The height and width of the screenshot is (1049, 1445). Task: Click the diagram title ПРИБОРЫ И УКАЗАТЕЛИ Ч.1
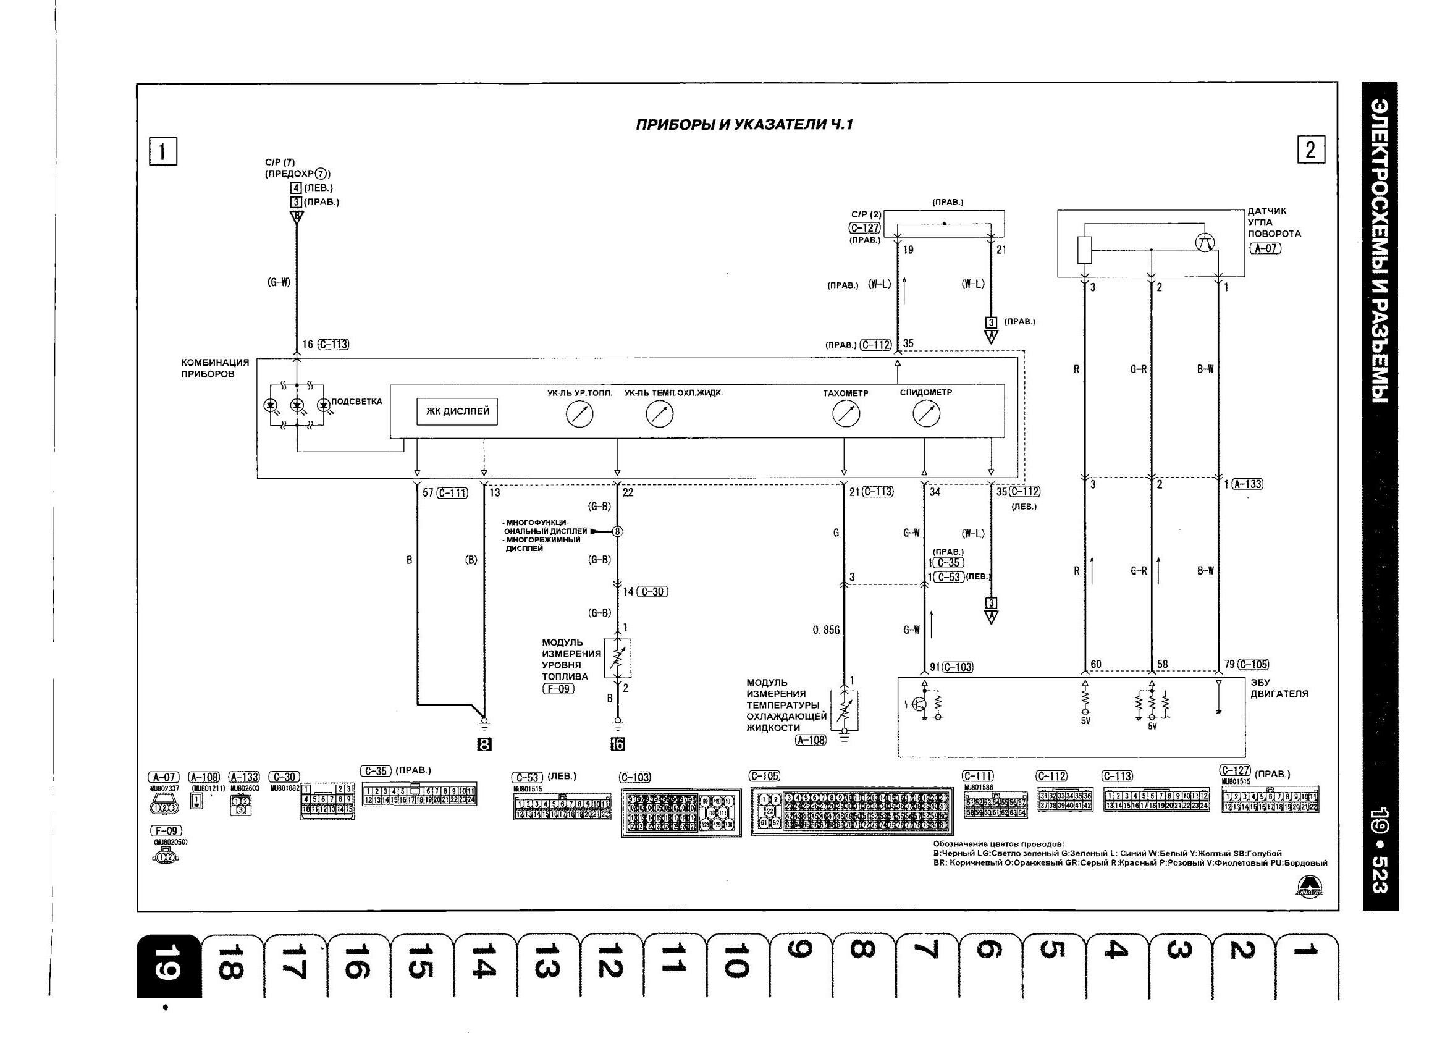coord(744,125)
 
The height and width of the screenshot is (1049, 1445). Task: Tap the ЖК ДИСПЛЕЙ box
coord(457,411)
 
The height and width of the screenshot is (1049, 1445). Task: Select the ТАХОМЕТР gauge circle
coord(846,415)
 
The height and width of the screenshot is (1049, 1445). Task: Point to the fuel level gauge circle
coord(579,415)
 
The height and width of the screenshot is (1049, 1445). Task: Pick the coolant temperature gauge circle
coord(659,415)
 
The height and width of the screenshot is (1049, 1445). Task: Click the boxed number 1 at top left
coord(163,153)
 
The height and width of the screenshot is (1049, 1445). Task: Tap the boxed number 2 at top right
coord(1311,150)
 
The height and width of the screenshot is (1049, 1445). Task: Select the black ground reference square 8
coord(484,744)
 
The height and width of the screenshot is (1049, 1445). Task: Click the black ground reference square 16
coord(617,744)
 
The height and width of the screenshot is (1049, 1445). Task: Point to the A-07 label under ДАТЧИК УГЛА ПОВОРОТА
coord(1265,248)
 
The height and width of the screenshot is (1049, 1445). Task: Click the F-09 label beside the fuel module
coord(558,689)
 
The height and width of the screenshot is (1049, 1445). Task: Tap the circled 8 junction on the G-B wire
coord(617,531)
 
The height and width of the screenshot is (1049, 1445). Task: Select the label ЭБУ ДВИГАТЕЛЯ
coord(1279,688)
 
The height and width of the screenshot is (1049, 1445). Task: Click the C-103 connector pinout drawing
coord(680,812)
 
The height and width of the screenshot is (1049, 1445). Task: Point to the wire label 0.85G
coord(827,630)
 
